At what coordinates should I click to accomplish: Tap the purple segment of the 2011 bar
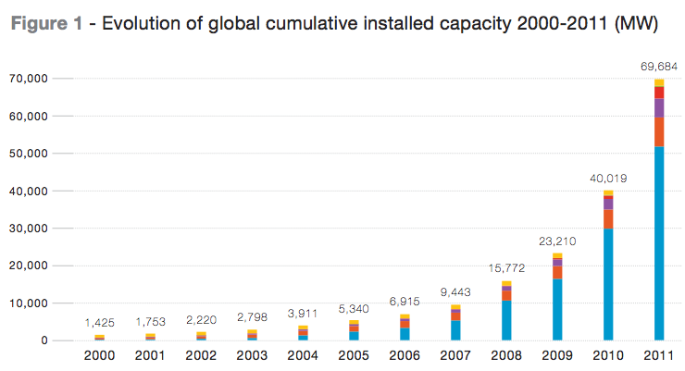(x=659, y=107)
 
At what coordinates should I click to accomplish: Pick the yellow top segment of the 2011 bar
(x=659, y=83)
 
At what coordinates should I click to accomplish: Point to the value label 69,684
(x=658, y=67)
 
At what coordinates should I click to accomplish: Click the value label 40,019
(x=607, y=178)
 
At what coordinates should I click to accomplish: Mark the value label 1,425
(x=99, y=323)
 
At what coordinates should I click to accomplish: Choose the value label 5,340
(x=354, y=308)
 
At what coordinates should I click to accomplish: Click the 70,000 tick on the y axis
(x=26, y=80)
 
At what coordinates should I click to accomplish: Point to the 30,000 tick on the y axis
(x=26, y=229)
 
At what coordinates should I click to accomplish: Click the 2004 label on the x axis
(x=303, y=356)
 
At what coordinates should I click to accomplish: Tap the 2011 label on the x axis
(x=659, y=356)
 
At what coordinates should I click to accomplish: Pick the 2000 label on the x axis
(x=99, y=356)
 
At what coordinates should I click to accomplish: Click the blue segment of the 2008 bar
(x=506, y=320)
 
